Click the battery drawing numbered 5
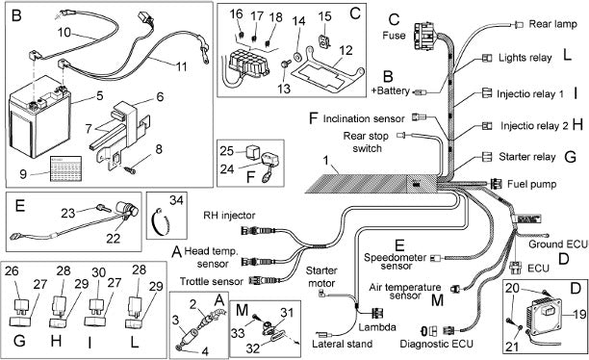39,116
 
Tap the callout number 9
23,174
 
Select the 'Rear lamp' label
552,24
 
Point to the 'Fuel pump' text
531,184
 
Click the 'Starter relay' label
527,157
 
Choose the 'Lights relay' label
525,58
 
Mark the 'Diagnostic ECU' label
437,344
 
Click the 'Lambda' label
377,327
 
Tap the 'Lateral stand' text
343,344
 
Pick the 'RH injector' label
229,216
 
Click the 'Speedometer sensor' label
396,262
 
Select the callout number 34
176,200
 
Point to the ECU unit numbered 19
545,316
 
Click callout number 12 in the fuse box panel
346,50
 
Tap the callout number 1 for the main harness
325,161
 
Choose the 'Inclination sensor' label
364,118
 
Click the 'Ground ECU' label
558,244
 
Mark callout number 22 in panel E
113,239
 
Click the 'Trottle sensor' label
211,281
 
